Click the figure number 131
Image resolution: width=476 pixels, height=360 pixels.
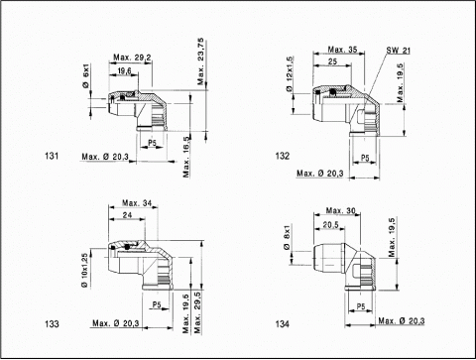point(52,156)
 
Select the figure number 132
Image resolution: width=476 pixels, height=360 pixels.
point(283,156)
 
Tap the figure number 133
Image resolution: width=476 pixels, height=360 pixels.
point(52,324)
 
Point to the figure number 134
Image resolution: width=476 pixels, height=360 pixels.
point(283,324)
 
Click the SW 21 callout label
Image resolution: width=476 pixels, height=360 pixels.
point(399,51)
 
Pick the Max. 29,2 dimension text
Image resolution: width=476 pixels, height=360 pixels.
point(132,58)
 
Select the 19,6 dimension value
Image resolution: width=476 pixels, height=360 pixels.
point(125,71)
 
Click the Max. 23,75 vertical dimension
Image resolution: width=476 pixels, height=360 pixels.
point(200,61)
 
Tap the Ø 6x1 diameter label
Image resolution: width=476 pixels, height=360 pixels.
point(86,75)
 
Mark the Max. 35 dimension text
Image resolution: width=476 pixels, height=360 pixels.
point(343,50)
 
